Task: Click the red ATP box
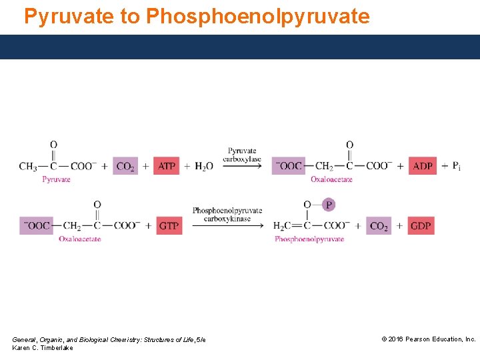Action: coord(167,166)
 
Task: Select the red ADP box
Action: coord(423,166)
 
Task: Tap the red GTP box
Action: coord(169,226)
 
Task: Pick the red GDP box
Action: coord(421,226)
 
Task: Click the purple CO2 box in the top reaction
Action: coord(125,166)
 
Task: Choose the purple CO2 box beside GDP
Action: coord(379,226)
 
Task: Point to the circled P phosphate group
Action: coord(327,205)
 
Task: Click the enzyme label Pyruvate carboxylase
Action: coord(242,155)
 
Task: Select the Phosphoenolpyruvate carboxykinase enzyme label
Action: coord(227,214)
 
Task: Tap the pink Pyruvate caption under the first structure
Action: coord(57,179)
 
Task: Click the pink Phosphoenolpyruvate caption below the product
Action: coord(309,239)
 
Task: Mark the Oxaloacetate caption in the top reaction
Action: coord(331,179)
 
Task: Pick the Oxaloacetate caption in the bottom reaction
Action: coord(80,239)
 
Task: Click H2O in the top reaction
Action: coord(204,166)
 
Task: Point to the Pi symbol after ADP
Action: coord(456,166)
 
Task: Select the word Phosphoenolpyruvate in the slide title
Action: coord(257,16)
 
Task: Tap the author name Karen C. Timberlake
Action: coord(43,348)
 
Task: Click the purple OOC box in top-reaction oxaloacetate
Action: coord(289,166)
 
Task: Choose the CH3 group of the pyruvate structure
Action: coord(28,166)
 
